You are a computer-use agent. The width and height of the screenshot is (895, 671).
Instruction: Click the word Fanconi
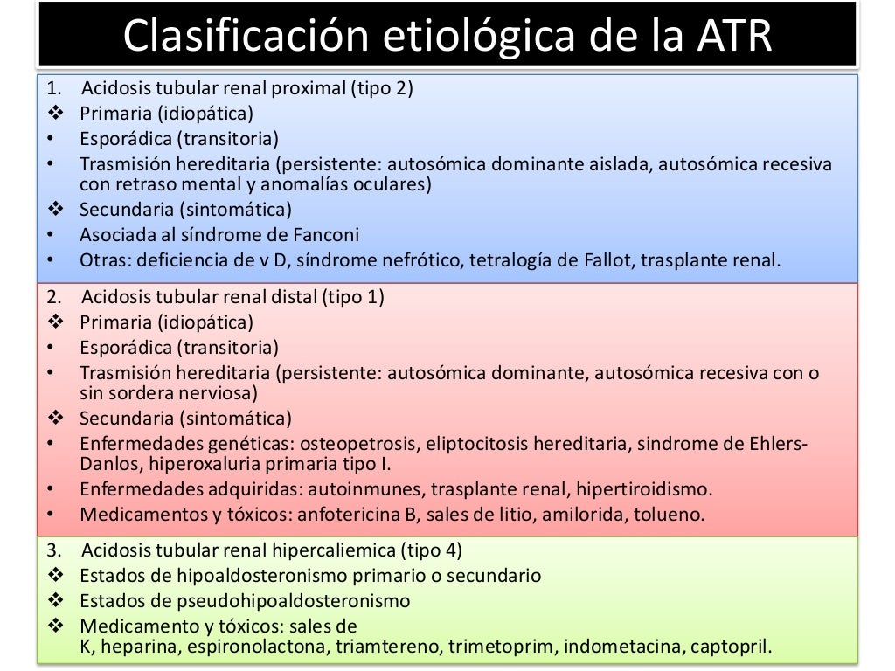click(332, 234)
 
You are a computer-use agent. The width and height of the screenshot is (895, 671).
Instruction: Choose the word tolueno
click(671, 514)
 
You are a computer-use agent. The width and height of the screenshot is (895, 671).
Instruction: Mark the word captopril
click(730, 647)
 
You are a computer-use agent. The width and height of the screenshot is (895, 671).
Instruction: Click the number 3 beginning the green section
click(52, 551)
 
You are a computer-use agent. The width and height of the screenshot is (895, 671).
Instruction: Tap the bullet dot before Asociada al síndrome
click(52, 234)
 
